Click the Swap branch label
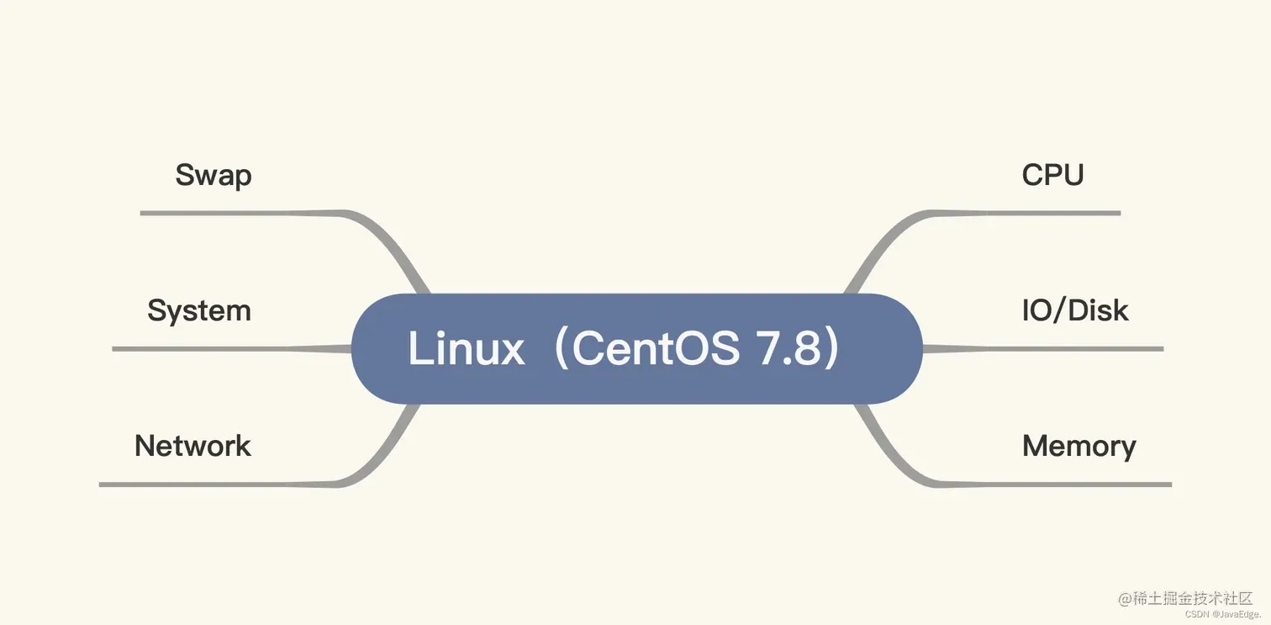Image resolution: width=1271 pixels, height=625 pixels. point(214,176)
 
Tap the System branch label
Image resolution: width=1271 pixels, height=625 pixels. point(199,310)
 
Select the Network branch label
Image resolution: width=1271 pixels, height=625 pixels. point(192,446)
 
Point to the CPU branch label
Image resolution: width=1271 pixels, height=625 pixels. point(1052,175)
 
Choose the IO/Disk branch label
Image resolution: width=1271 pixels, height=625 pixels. point(1075,310)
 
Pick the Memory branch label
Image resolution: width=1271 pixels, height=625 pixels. point(1079,446)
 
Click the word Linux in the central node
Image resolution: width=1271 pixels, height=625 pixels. point(466,348)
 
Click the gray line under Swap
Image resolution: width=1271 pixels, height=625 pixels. point(235,213)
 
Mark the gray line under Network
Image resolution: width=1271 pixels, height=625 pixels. point(210,485)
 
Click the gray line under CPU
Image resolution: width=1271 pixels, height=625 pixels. point(1034,213)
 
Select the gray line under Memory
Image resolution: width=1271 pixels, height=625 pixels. point(1068,484)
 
